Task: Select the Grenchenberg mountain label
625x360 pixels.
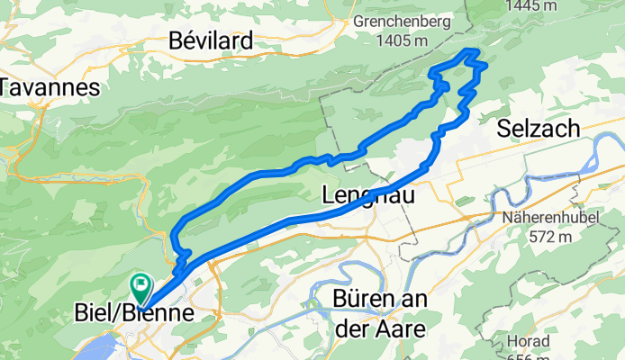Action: point(407,19)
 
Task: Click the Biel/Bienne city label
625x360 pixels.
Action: point(132,314)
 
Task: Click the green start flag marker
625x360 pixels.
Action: point(140,289)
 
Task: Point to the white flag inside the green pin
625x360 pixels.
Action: point(140,286)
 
